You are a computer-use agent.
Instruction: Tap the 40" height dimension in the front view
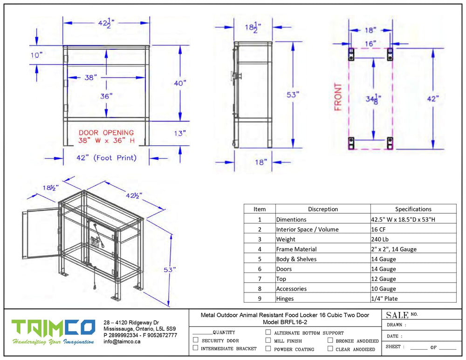pos(180,83)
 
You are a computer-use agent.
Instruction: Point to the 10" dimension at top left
pos(36,55)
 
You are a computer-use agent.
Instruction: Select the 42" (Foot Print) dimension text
pos(106,158)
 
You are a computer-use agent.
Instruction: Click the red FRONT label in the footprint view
pos(338,97)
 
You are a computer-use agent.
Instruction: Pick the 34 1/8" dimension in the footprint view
pos(373,98)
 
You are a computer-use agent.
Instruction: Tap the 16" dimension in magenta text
pos(370,44)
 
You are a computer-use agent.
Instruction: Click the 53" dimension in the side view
pos(293,95)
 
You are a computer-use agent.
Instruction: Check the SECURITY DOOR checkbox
pos(196,340)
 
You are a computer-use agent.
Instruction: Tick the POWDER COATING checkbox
pos(268,348)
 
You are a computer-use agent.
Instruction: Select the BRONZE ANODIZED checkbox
pos(330,340)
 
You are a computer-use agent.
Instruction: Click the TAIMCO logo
pos(53,332)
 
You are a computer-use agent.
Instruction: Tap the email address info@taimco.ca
pos(122,341)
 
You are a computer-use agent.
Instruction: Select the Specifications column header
pos(413,209)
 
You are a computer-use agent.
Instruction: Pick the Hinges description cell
pos(285,299)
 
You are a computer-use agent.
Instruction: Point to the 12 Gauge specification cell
pos(384,279)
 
